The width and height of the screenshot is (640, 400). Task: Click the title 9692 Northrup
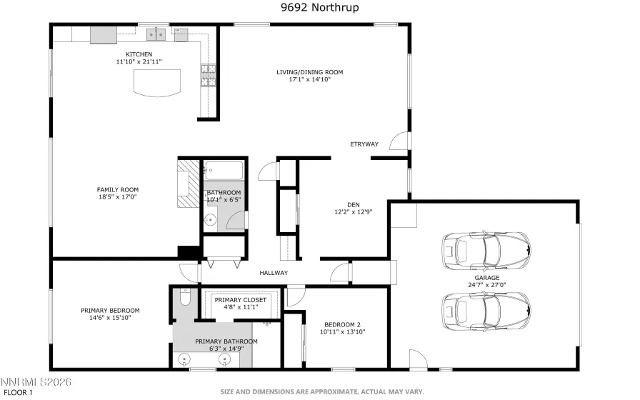pyautogui.click(x=319, y=8)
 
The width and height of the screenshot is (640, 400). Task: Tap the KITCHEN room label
pyautogui.click(x=139, y=54)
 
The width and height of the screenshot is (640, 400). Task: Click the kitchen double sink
pyautogui.click(x=155, y=34)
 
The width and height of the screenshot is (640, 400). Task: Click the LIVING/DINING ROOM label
pyautogui.click(x=309, y=72)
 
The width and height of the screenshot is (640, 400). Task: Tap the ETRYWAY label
pyautogui.click(x=364, y=145)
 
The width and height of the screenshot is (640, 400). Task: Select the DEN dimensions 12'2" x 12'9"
pyautogui.click(x=353, y=211)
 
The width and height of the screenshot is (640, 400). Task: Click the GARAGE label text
pyautogui.click(x=486, y=277)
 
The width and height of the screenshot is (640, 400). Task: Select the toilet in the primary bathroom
pyautogui.click(x=184, y=299)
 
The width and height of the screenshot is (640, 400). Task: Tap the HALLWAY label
pyautogui.click(x=274, y=272)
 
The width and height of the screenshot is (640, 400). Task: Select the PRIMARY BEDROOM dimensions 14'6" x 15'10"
pyautogui.click(x=109, y=319)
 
